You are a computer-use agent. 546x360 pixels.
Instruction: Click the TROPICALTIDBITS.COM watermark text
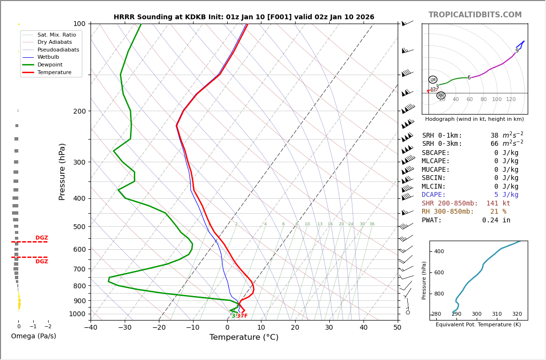[475, 15]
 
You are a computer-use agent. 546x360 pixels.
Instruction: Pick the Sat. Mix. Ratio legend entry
[56, 35]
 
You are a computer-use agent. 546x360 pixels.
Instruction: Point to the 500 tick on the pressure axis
[79, 227]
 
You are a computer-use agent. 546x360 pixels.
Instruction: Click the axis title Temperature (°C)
[244, 337]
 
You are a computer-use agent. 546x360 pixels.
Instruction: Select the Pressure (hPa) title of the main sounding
[62, 171]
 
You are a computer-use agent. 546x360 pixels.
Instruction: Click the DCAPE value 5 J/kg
[506, 195]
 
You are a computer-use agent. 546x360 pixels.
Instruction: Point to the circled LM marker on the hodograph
[433, 80]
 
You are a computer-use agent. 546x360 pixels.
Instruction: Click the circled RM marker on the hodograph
[441, 96]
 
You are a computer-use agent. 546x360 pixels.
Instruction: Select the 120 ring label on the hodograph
[510, 100]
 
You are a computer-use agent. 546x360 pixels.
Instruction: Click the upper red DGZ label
[41, 238]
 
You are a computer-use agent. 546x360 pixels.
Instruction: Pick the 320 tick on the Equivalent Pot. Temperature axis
[517, 314]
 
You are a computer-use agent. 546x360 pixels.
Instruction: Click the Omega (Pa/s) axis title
[33, 336]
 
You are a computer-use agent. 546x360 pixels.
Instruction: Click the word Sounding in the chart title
[158, 17]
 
